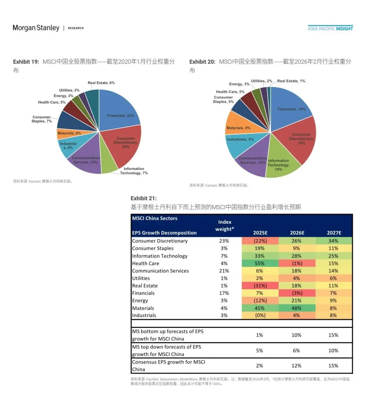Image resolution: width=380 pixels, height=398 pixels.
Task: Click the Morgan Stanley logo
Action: coord(36,28)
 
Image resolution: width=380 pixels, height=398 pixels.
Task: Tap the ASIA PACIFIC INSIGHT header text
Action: coord(330,29)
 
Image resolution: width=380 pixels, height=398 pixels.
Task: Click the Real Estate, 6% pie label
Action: coord(101,83)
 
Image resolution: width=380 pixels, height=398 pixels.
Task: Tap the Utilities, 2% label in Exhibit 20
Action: coord(261,81)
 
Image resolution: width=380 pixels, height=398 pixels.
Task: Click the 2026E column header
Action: coord(297,233)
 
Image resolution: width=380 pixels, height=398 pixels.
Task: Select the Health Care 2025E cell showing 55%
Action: coord(260,263)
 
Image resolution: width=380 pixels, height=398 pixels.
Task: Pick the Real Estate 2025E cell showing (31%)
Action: coord(260,285)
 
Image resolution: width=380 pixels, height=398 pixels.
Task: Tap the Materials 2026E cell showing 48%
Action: coord(297,308)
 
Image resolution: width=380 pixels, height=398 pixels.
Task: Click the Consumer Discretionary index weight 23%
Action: coord(224,241)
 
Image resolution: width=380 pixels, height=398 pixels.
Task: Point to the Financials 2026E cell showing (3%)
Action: coord(297,293)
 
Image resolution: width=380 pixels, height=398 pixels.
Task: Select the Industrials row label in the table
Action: coord(144,315)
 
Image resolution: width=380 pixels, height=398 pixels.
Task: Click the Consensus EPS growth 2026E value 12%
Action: coord(297,366)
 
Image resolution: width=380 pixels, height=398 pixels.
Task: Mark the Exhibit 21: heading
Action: coord(144,198)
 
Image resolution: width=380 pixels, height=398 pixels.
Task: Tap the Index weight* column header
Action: coord(224,226)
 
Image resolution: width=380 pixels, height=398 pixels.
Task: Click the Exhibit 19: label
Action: coord(26,62)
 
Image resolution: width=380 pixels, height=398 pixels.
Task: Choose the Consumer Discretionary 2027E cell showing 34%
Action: coord(334,241)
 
